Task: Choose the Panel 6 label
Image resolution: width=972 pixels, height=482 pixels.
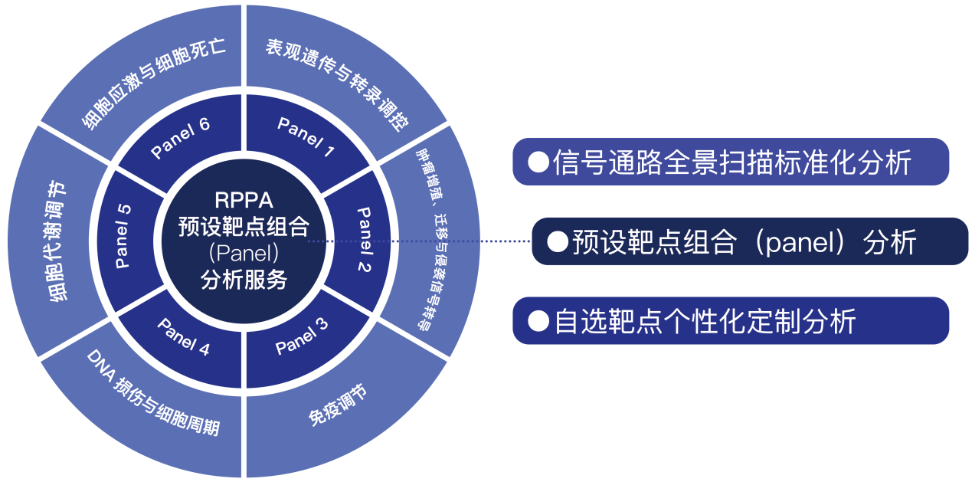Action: click(x=181, y=138)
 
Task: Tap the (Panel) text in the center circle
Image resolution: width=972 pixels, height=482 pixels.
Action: click(x=243, y=253)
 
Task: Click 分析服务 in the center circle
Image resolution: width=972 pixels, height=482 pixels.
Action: click(x=243, y=280)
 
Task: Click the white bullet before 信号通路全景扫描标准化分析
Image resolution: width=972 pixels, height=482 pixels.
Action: click(x=539, y=162)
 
